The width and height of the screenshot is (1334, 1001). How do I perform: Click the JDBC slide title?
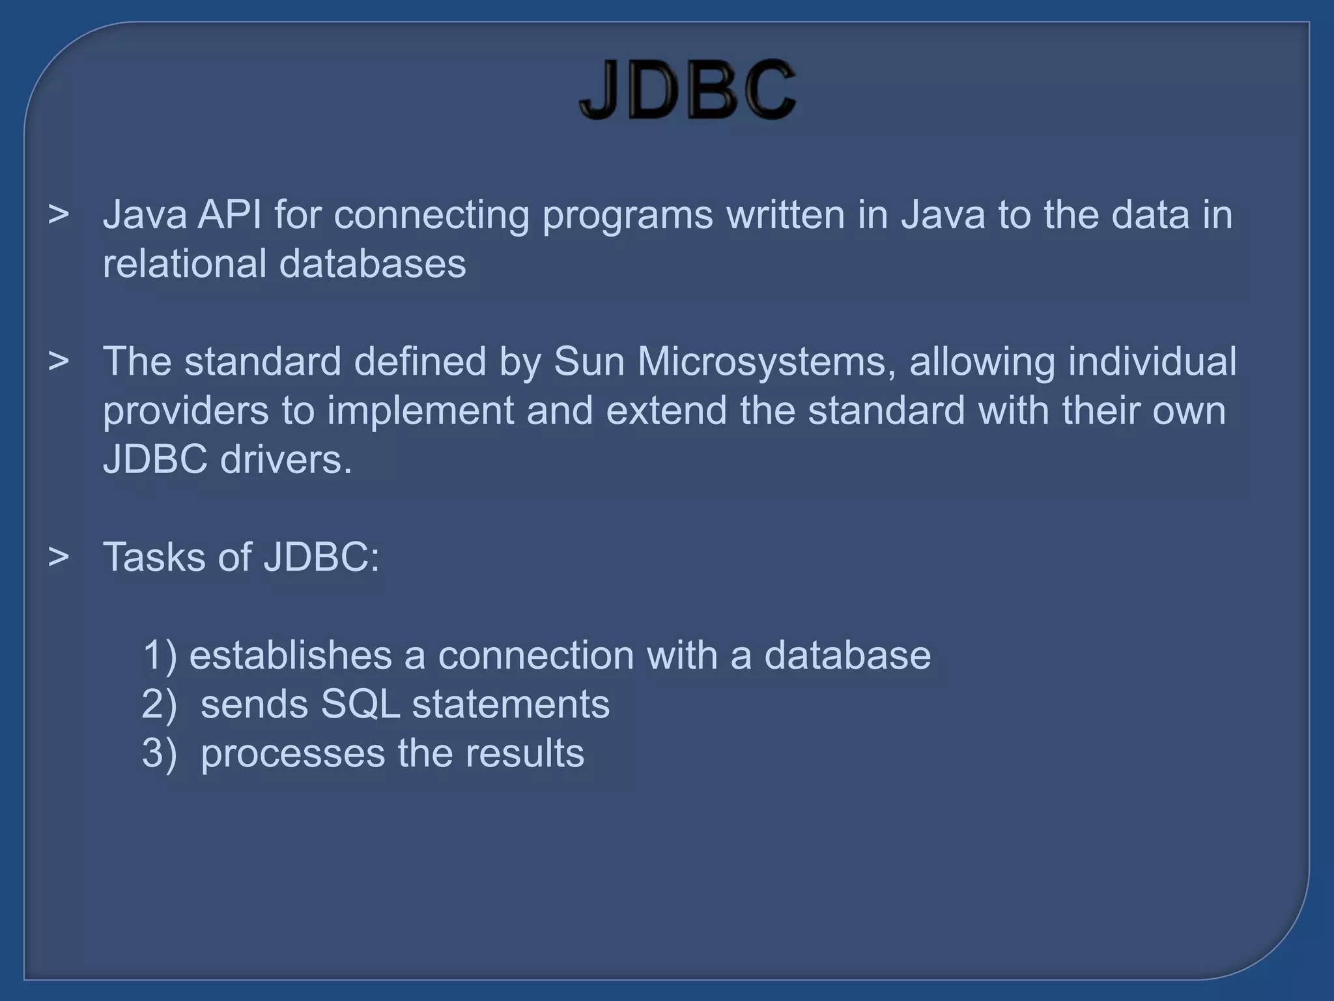point(687,89)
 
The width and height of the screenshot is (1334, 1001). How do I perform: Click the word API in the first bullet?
point(229,214)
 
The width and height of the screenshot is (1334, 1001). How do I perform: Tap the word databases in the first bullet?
point(373,263)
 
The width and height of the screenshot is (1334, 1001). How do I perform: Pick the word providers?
point(186,411)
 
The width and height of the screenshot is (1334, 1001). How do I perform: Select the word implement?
point(420,411)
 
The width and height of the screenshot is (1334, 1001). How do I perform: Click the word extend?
point(666,411)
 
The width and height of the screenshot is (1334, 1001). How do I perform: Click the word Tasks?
point(154,557)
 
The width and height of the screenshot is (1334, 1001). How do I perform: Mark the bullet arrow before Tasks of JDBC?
point(59,557)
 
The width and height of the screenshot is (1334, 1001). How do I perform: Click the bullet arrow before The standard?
point(59,362)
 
